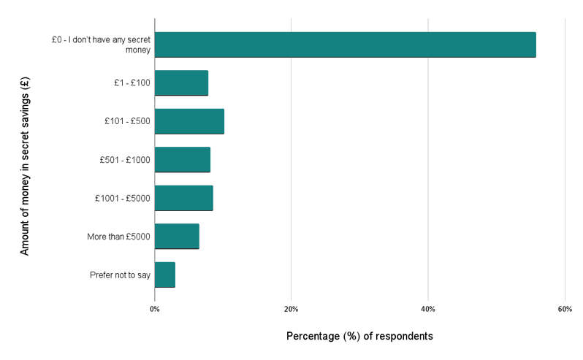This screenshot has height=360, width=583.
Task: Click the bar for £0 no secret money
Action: pyautogui.click(x=345, y=45)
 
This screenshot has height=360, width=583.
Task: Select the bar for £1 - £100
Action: pyautogui.click(x=181, y=83)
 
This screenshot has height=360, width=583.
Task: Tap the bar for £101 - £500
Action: pyautogui.click(x=189, y=121)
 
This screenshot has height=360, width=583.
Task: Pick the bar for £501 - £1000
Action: pyautogui.click(x=182, y=159)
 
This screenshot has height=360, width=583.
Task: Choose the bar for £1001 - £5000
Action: pyautogui.click(x=183, y=198)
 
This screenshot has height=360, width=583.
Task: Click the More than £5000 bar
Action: pyautogui.click(x=177, y=236)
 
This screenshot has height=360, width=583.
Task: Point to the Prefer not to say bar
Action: pyautogui.click(x=164, y=275)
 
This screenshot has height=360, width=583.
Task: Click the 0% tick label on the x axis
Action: pyautogui.click(x=155, y=310)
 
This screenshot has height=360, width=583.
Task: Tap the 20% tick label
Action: pyautogui.click(x=291, y=310)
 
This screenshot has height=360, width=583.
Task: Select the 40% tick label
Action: pyautogui.click(x=428, y=310)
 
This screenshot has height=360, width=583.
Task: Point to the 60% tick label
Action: pyautogui.click(x=564, y=310)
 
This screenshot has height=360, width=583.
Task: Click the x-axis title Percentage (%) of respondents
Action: pyautogui.click(x=359, y=337)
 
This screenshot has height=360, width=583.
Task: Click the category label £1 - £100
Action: pyautogui.click(x=127, y=83)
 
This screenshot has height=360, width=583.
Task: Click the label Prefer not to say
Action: pyautogui.click(x=120, y=275)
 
